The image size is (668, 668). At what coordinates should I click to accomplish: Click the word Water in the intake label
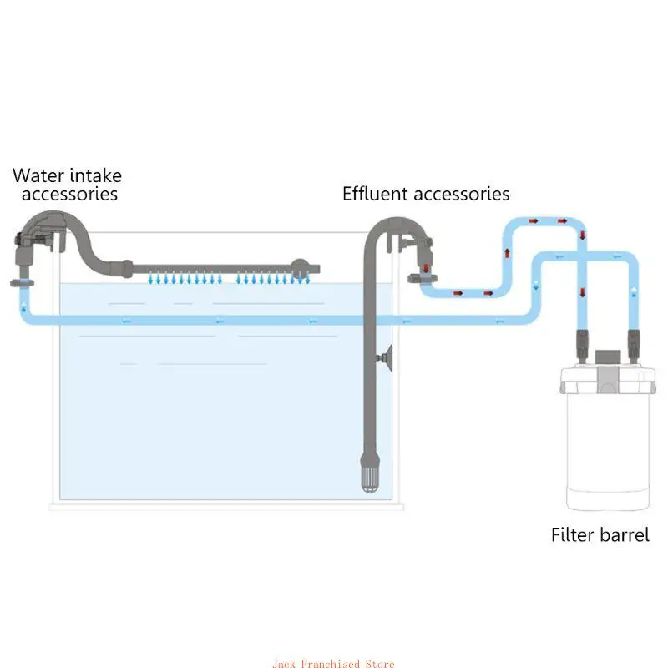click(38, 175)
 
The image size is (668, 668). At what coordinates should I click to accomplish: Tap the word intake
click(95, 175)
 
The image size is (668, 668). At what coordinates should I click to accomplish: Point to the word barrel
click(625, 534)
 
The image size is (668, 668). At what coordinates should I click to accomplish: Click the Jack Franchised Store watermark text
click(333, 663)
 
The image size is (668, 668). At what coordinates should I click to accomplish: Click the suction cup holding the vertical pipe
click(386, 358)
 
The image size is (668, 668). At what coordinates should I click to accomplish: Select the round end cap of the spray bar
click(300, 268)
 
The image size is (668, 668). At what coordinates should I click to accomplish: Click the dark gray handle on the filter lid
click(608, 357)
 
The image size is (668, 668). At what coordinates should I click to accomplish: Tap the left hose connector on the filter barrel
click(582, 346)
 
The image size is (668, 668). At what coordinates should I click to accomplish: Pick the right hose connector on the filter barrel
click(634, 346)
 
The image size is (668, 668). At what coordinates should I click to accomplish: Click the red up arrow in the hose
click(507, 253)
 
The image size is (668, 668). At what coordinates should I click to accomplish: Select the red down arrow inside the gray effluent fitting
click(426, 268)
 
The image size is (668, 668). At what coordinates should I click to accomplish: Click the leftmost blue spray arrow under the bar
click(150, 279)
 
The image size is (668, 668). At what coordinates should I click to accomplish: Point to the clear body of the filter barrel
click(608, 448)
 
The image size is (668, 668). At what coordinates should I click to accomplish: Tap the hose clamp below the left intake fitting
click(23, 283)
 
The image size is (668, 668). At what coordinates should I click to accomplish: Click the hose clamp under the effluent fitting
click(423, 279)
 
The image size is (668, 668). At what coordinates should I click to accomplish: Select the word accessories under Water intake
click(69, 194)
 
